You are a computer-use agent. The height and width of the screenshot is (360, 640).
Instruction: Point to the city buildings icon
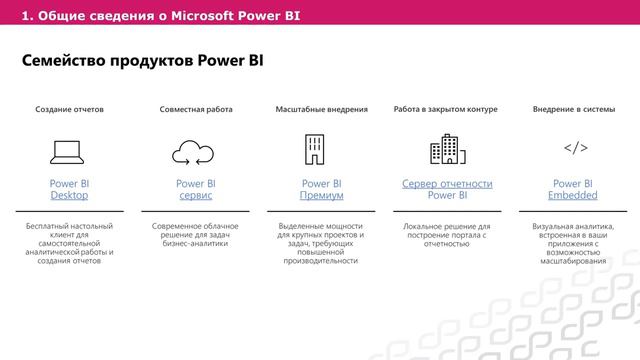point(447,150)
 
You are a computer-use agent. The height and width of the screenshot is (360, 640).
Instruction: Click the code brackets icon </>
point(574,149)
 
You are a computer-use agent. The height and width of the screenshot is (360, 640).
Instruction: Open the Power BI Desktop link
point(69,189)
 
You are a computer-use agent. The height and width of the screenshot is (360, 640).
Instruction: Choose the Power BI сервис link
point(195,189)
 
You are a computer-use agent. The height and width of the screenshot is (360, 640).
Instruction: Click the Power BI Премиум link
point(321,189)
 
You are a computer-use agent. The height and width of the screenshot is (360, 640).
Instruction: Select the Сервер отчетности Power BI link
point(447,189)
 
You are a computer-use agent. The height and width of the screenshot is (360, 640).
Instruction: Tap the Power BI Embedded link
point(573,189)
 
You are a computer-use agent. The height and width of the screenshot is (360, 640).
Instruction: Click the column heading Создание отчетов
point(69,108)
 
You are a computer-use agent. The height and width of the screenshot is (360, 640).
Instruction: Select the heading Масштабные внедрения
point(321,108)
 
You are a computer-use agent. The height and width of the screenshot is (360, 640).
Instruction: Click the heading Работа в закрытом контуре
point(446,108)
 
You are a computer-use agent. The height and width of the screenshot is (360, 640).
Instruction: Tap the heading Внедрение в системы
point(573,108)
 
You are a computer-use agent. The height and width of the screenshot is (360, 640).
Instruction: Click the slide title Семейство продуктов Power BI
point(142,61)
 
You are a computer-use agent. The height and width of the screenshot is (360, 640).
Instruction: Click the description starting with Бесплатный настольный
point(69,243)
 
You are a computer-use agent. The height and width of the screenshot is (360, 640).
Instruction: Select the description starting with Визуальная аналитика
point(573,243)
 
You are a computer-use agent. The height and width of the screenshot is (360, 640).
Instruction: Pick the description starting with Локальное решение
point(447,234)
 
